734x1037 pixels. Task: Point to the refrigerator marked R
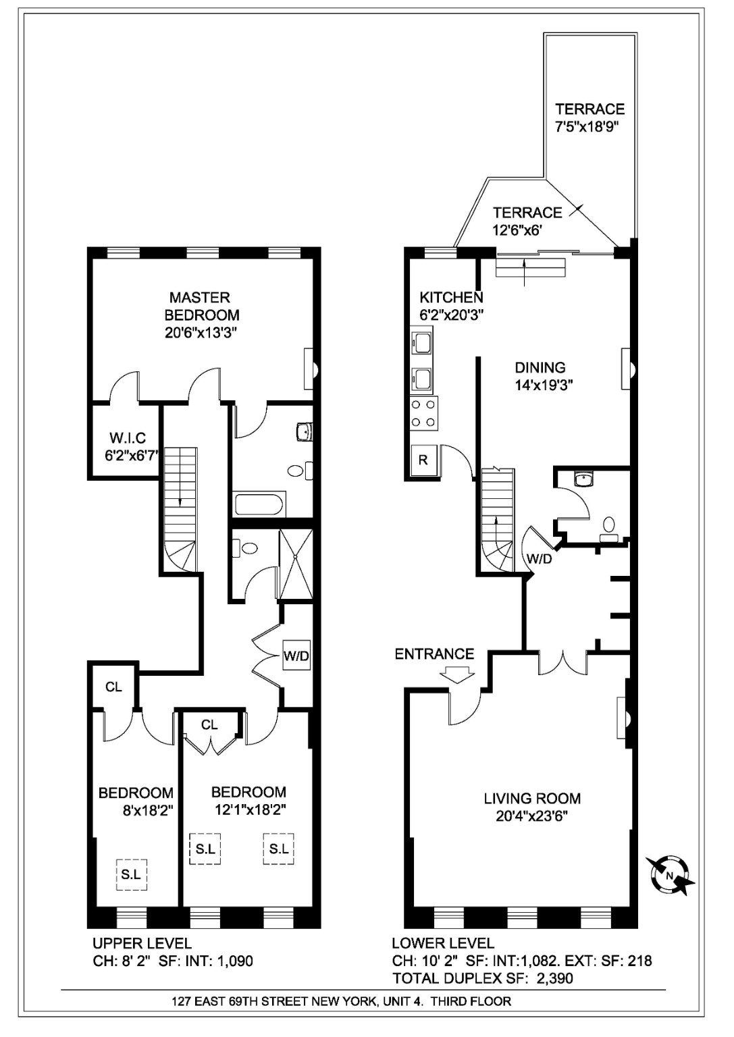pyautogui.click(x=423, y=461)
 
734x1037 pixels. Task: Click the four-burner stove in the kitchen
pyautogui.click(x=423, y=413)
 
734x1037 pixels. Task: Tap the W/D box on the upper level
pyautogui.click(x=296, y=656)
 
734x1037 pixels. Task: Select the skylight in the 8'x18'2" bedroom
pyautogui.click(x=131, y=874)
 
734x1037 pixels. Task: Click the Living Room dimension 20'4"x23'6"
pyautogui.click(x=531, y=816)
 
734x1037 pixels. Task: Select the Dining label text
pyautogui.click(x=540, y=368)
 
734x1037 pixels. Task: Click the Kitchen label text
pyautogui.click(x=451, y=297)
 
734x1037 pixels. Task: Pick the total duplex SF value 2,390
pyautogui.click(x=556, y=977)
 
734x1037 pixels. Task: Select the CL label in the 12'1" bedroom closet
pyautogui.click(x=209, y=724)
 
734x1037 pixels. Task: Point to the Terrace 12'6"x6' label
pyautogui.click(x=527, y=213)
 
